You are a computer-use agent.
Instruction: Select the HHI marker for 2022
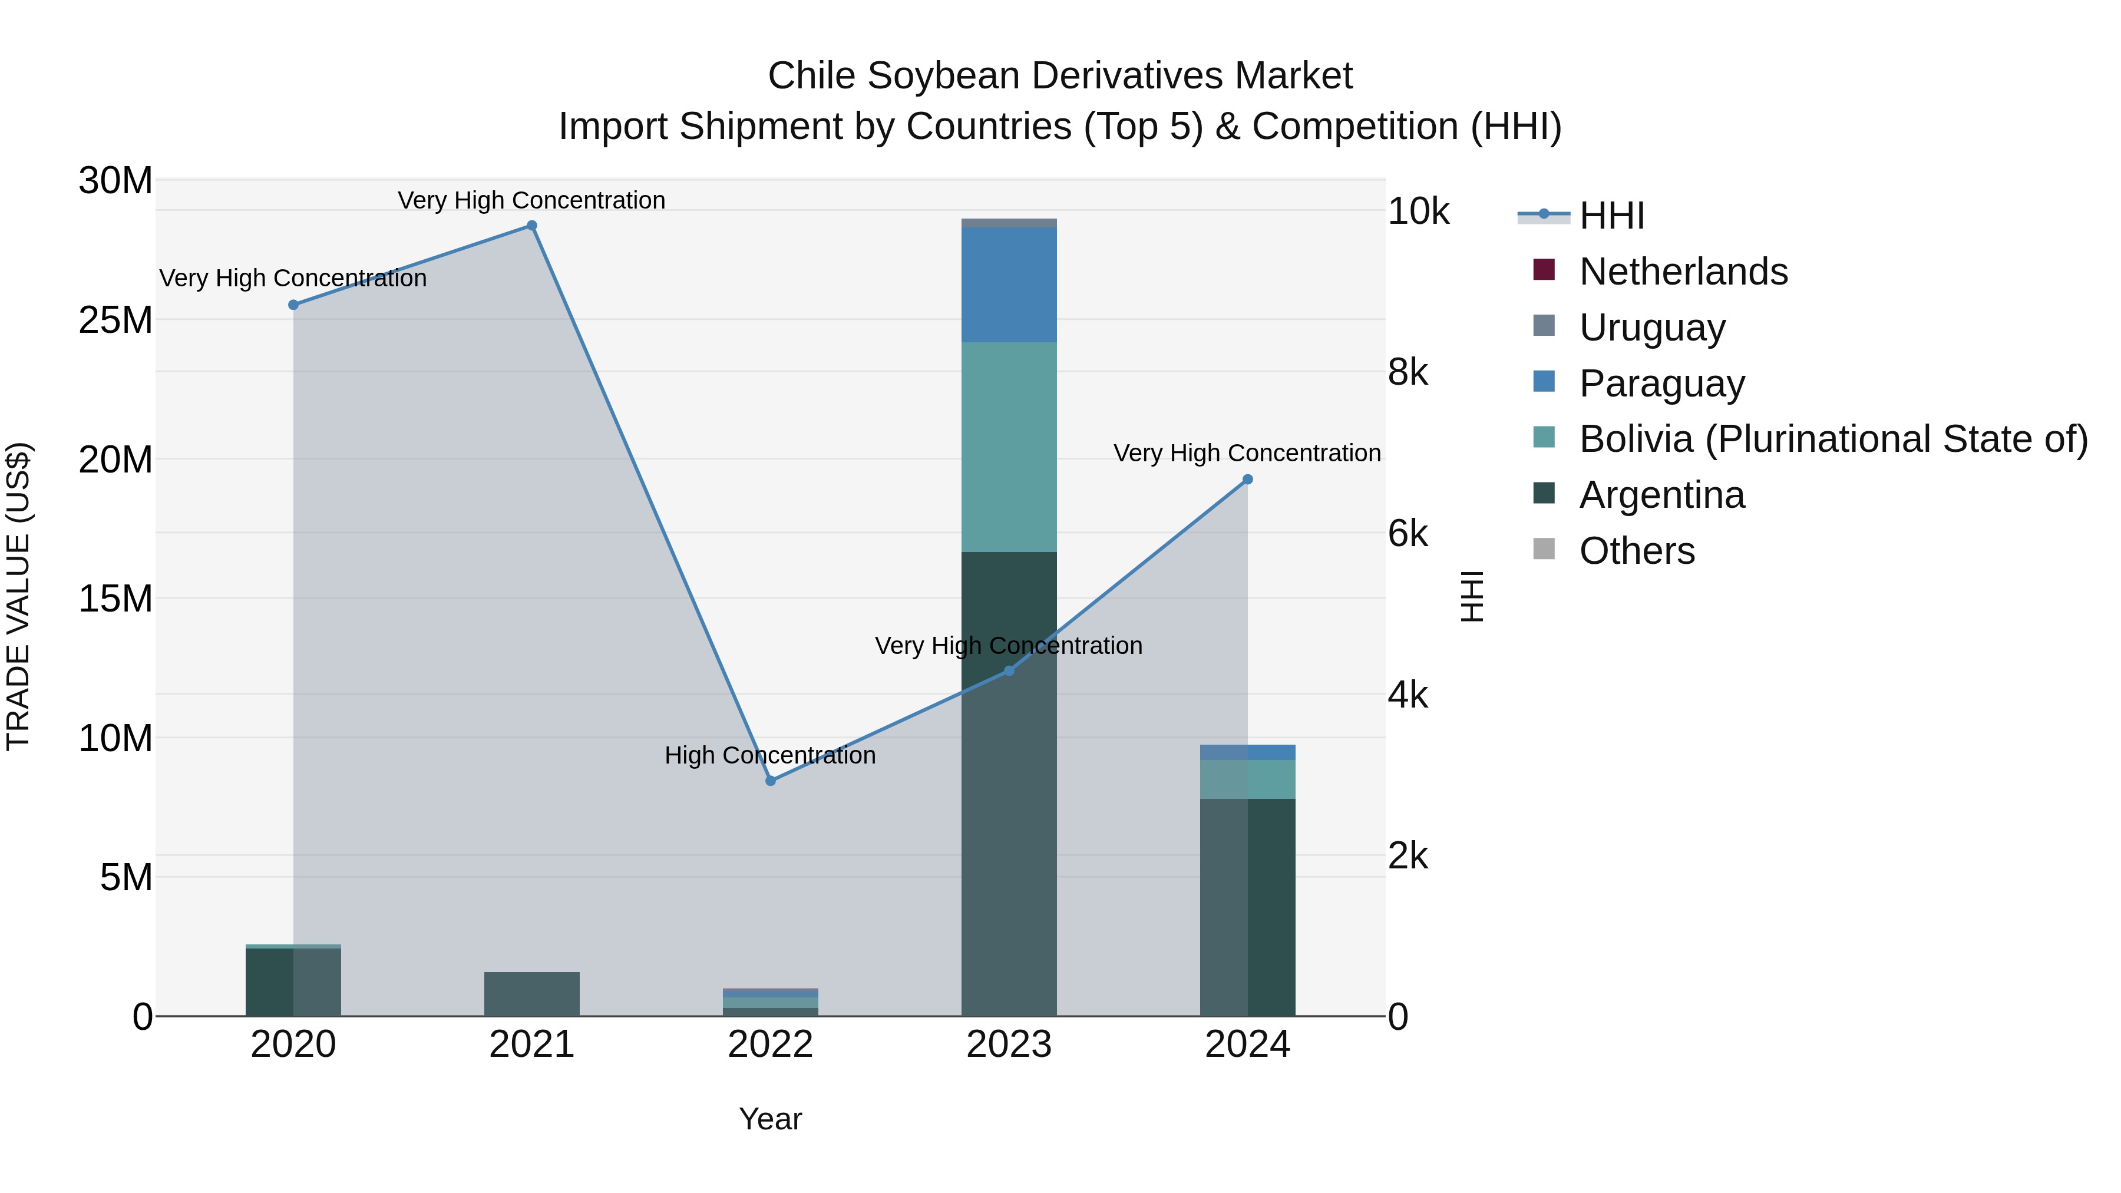click(771, 781)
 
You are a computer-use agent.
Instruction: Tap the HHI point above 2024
click(1247, 479)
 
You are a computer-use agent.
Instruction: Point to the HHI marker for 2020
click(293, 305)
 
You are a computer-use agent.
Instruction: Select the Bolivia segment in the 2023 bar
click(1009, 447)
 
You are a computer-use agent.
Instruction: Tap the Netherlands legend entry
click(1683, 272)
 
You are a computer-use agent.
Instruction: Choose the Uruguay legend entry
click(1651, 328)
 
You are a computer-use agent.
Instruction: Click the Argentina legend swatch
click(1544, 494)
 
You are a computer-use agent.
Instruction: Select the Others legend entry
click(1637, 551)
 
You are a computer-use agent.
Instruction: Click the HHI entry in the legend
click(1611, 216)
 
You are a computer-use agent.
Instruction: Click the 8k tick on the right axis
click(1408, 373)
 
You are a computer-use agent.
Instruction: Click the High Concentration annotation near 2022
click(770, 755)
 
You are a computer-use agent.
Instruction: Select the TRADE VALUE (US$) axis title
click(18, 596)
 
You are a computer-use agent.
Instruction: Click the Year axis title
click(770, 1119)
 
